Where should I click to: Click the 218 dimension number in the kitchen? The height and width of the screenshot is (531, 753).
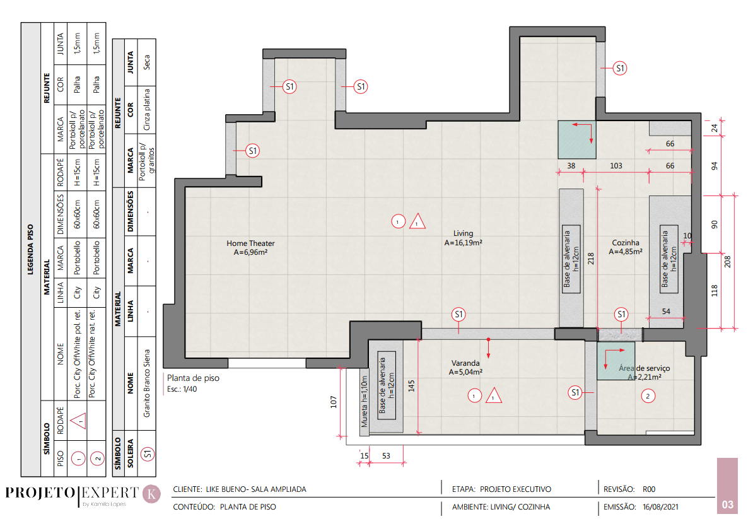click(x=591, y=259)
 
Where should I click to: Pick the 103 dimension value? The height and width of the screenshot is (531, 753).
click(x=616, y=166)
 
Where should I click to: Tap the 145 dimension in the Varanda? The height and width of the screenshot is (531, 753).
click(x=411, y=386)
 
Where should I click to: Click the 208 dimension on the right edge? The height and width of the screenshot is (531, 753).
click(x=728, y=262)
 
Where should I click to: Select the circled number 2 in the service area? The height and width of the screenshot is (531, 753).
click(x=648, y=396)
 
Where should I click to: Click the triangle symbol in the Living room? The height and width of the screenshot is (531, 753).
click(x=417, y=221)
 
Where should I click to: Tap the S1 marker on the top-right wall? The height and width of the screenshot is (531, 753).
click(x=620, y=68)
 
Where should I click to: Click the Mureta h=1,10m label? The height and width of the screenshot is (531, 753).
click(x=364, y=402)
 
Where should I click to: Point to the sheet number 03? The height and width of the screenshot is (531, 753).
click(x=728, y=505)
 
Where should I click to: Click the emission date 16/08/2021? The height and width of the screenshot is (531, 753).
click(x=660, y=507)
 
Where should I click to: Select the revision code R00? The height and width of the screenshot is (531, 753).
click(x=649, y=489)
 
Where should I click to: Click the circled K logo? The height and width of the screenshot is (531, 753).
click(x=152, y=494)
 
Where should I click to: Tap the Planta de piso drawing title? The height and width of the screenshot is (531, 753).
click(x=193, y=378)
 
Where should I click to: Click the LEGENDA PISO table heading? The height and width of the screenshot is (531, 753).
click(x=30, y=250)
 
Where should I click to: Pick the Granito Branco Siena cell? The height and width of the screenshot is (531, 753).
click(x=146, y=383)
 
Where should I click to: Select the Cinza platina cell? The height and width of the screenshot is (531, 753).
click(x=146, y=110)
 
